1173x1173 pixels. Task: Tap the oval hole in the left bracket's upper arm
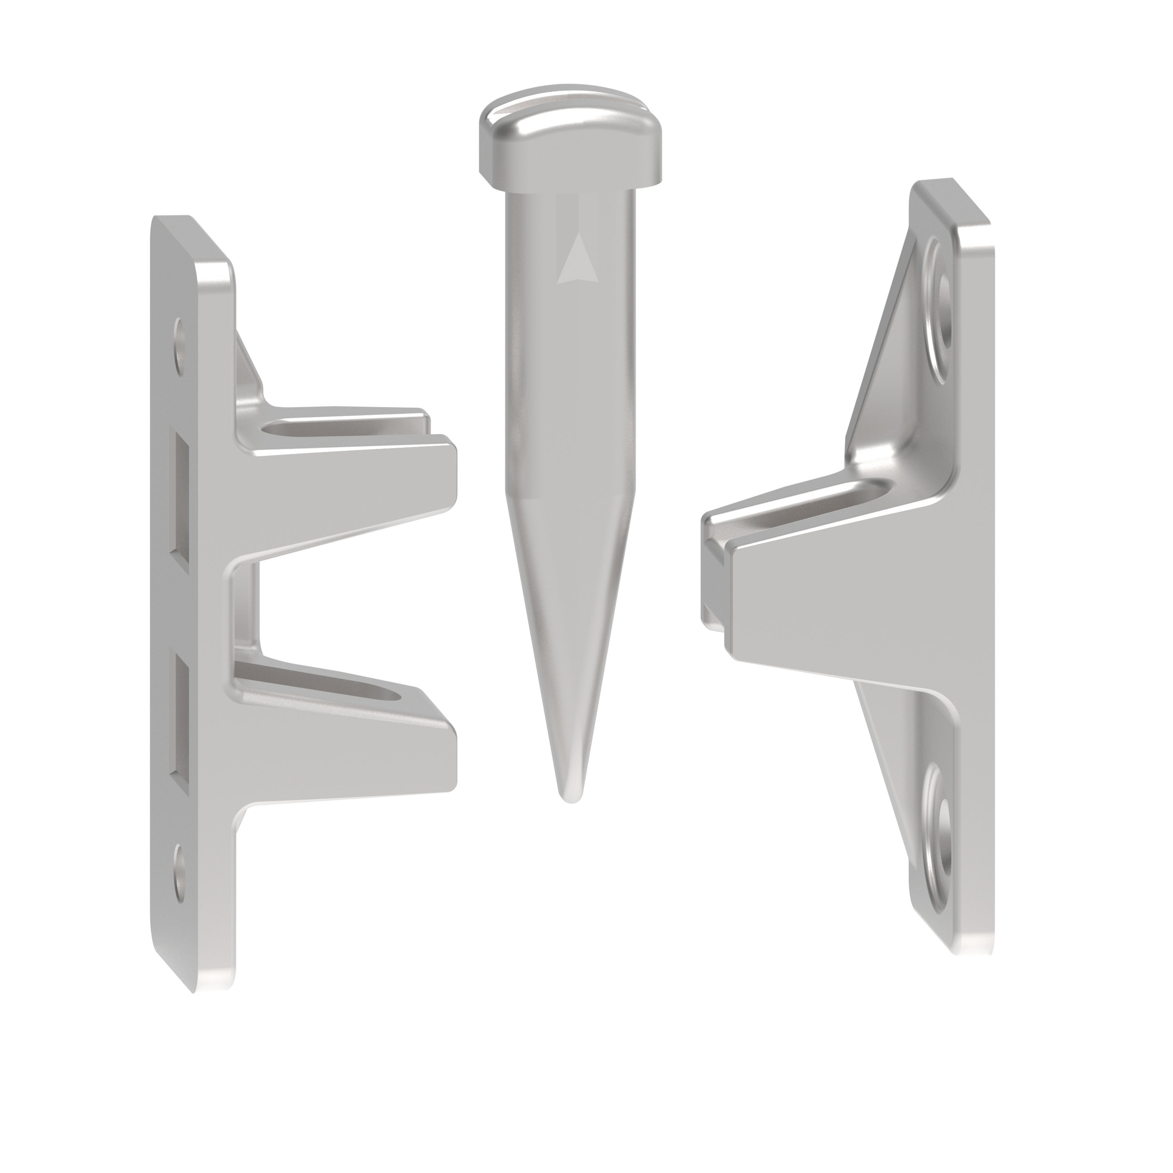point(316,430)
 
